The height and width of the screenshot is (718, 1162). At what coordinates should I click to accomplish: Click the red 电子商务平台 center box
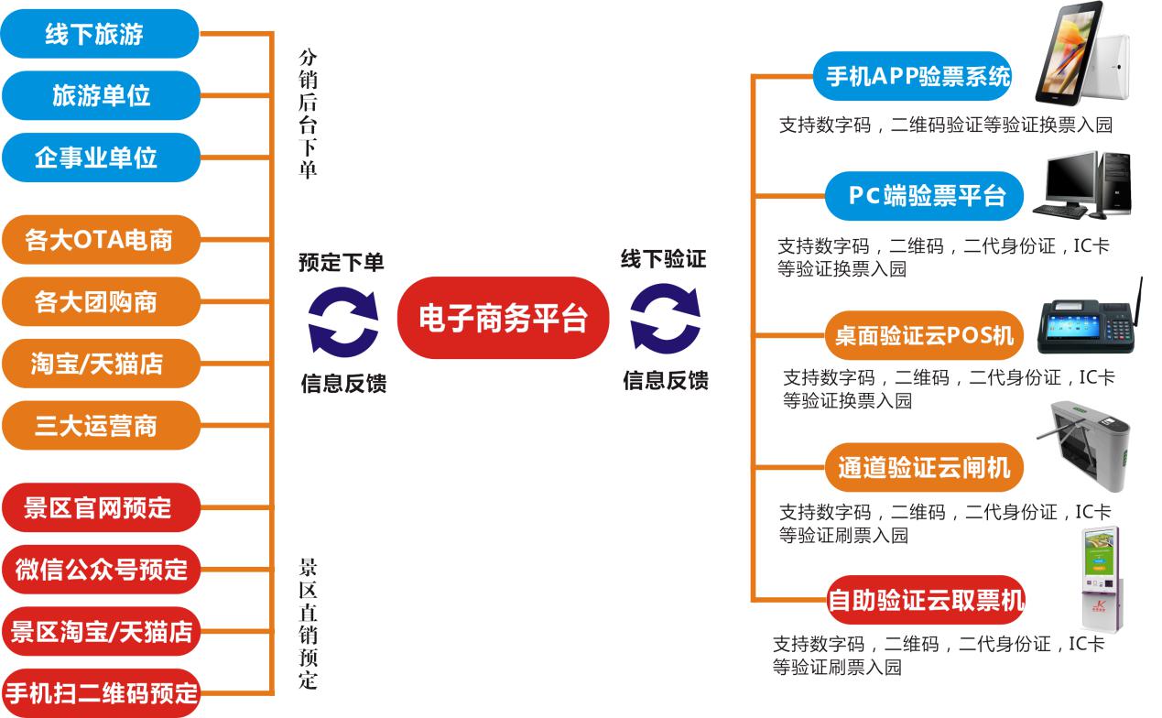point(503,318)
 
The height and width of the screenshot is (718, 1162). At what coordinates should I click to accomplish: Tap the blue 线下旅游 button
point(99,34)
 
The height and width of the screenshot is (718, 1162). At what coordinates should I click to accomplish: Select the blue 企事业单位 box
point(99,157)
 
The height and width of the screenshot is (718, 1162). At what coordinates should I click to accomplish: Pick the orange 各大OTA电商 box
point(99,240)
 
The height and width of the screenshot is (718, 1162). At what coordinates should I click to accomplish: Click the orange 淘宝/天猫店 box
point(99,363)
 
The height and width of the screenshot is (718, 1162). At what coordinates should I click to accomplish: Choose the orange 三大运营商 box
point(99,425)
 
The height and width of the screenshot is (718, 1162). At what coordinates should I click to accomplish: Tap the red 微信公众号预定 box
point(99,569)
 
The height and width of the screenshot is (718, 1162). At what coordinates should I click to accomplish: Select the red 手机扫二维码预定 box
point(99,691)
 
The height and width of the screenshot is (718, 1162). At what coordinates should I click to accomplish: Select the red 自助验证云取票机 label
point(925,601)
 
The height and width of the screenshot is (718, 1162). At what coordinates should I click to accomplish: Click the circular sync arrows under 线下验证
point(665,320)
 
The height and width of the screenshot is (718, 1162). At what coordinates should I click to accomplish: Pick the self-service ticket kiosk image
point(1101,579)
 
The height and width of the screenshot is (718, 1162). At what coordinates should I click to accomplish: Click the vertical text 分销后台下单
point(308,114)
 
